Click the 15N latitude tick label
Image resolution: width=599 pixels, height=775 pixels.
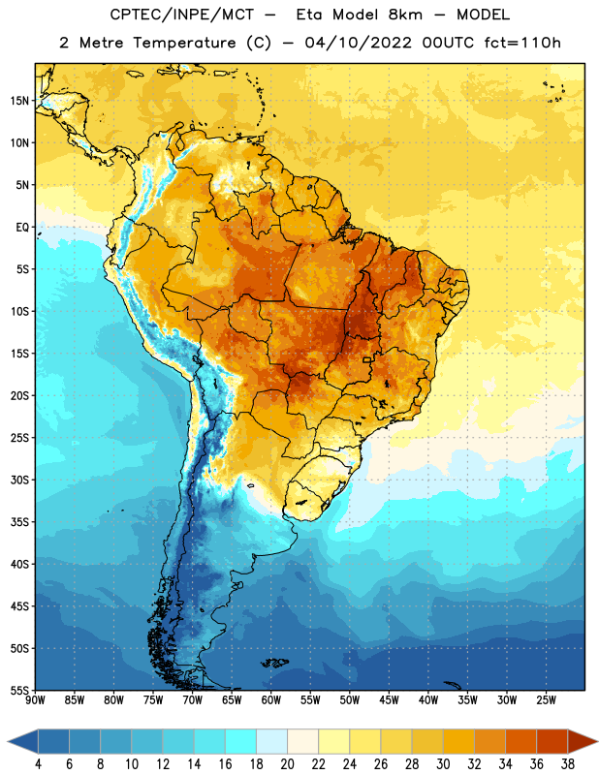[19, 101]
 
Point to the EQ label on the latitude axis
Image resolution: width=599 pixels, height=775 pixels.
[22, 228]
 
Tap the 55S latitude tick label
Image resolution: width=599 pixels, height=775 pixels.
[19, 690]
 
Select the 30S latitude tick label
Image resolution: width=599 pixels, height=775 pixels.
[19, 480]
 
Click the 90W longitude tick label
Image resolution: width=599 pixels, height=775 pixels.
[35, 699]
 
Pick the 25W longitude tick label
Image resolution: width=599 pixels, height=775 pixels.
[546, 699]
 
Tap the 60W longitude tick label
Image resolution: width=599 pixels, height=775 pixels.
[271, 699]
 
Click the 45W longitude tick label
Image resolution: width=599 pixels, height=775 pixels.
[389, 699]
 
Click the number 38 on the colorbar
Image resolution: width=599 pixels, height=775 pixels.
[567, 764]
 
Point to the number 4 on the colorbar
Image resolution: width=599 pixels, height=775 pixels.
[38, 764]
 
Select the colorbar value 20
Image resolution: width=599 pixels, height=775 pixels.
[287, 764]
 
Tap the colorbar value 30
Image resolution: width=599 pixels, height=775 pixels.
[443, 764]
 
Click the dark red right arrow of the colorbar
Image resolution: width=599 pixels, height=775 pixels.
[582, 741]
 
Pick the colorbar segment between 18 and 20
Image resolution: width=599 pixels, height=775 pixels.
[272, 741]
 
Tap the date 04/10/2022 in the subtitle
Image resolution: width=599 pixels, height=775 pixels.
[358, 43]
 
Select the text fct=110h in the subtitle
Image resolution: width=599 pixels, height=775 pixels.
[522, 43]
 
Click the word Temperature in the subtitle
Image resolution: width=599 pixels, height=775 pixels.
[185, 43]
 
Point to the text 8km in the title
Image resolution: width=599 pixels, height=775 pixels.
[405, 15]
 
